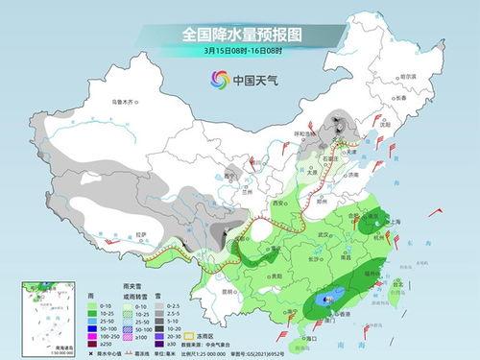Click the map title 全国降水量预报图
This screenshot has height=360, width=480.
pyautogui.click(x=239, y=35)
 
